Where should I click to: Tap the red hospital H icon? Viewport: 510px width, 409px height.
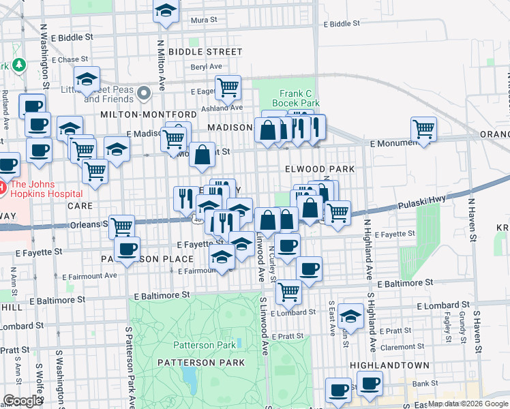coord(2,186)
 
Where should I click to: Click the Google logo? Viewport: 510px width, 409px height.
coord(22,400)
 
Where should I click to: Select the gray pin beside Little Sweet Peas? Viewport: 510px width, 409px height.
coord(143,93)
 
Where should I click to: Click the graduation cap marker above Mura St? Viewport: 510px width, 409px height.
coord(165,12)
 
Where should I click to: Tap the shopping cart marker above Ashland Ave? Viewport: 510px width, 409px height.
coord(228,87)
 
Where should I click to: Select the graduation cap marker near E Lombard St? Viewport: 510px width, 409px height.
coord(350,316)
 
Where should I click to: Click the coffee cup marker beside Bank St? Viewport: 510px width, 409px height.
coord(370,384)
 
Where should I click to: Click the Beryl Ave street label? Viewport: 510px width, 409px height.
coord(207,67)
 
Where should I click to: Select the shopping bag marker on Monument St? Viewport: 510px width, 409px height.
coord(202,154)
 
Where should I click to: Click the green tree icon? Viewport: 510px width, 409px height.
coord(19,65)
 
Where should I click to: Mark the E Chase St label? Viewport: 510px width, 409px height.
coord(70,59)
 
